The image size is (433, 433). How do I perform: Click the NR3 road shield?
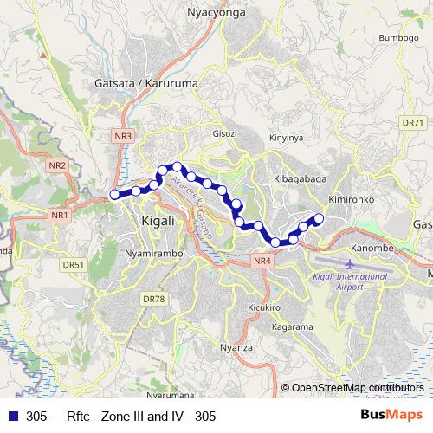[x=124, y=136]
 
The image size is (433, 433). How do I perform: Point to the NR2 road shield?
[x=57, y=165]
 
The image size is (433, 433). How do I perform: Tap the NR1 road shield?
[x=60, y=214]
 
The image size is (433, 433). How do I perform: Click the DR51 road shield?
[x=73, y=265]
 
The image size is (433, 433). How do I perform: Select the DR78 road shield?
[x=152, y=299]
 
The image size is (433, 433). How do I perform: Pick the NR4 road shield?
[x=262, y=261]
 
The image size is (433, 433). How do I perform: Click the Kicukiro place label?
[x=261, y=307]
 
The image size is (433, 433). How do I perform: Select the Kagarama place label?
[x=291, y=327]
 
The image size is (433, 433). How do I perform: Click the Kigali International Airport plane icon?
[x=349, y=262]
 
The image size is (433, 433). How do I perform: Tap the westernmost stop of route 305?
[x=114, y=195]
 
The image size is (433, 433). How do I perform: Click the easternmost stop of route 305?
[x=319, y=218]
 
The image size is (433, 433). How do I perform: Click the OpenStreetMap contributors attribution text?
[x=358, y=387]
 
